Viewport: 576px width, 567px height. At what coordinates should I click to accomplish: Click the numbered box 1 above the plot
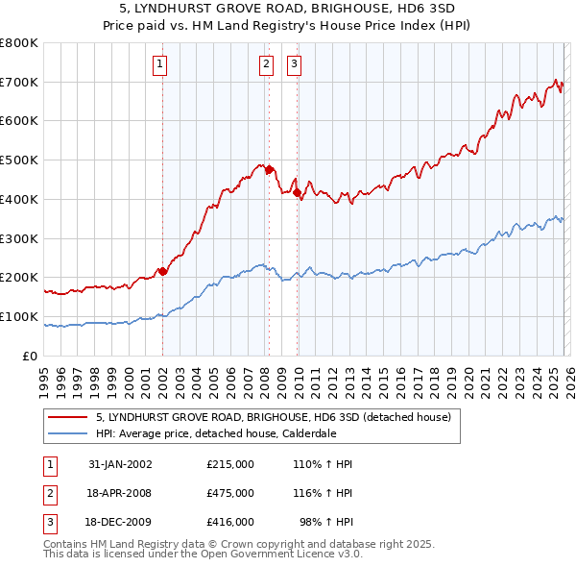coord(159,64)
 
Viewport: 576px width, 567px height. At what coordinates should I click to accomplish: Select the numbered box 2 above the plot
coord(265,64)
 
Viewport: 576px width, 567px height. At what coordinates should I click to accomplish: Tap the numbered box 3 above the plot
coord(294,64)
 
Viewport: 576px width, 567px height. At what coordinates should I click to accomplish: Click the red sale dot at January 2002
coord(162,271)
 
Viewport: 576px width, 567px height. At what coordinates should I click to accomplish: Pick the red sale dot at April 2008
coord(269,169)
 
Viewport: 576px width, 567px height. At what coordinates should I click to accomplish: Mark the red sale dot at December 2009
coord(298,192)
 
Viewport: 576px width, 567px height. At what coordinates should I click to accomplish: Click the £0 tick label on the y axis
coord(30,357)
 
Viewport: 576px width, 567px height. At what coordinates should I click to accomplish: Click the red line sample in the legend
coord(68,418)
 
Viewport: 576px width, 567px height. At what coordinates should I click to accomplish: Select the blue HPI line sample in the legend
coord(68,433)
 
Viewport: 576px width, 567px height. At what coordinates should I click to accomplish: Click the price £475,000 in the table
coord(229,493)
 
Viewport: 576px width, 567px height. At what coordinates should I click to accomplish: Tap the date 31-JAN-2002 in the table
coord(120,464)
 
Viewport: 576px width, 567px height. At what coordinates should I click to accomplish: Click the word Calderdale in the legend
coord(306,433)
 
